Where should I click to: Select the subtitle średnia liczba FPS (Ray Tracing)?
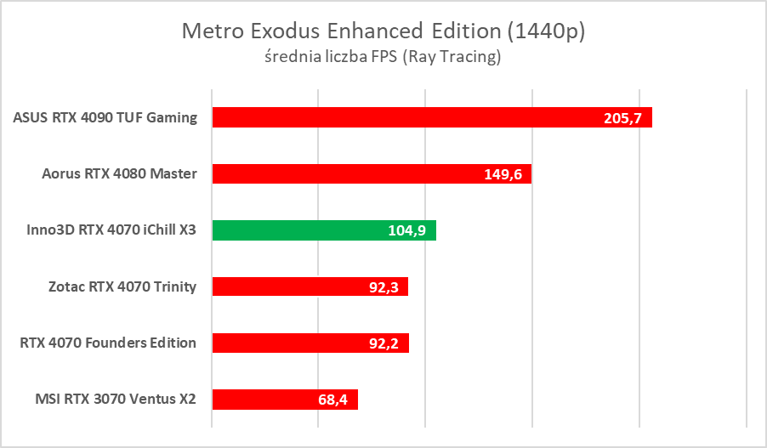[383, 58]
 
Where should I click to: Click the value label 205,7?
[622, 118]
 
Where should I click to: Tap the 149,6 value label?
[503, 174]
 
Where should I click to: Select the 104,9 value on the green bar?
[407, 230]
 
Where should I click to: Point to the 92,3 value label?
[383, 286]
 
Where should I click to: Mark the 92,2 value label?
[383, 343]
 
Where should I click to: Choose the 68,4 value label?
[332, 399]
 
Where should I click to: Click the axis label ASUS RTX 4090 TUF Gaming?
[105, 117]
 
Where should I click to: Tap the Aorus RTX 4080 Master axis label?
[119, 174]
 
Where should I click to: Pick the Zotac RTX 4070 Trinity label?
[122, 286]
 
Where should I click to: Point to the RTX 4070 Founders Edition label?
[108, 343]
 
